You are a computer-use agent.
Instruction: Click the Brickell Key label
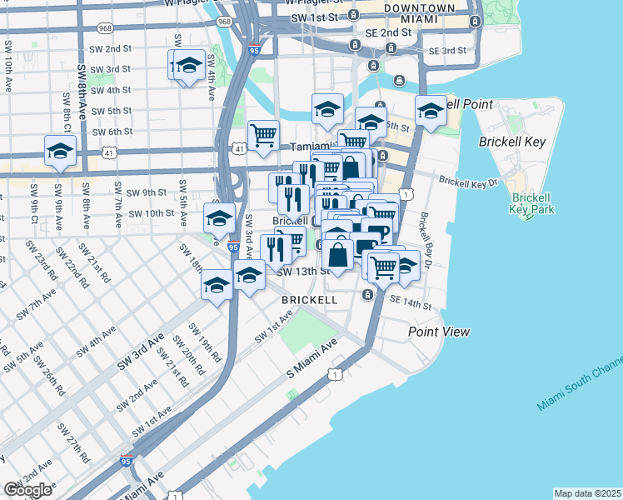(x=512, y=142)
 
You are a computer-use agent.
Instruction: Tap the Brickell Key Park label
(x=533, y=203)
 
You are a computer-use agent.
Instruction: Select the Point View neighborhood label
(x=439, y=332)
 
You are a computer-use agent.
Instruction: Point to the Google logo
(x=27, y=490)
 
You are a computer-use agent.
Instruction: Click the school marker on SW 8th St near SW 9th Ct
(x=60, y=152)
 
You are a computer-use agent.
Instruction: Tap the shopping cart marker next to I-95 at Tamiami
(x=263, y=134)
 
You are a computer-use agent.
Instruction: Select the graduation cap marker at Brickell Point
(x=431, y=111)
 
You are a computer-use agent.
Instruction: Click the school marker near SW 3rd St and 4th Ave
(x=190, y=65)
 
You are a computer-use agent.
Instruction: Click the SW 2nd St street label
(x=111, y=48)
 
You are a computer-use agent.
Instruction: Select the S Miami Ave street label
(x=311, y=357)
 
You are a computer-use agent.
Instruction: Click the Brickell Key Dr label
(x=467, y=180)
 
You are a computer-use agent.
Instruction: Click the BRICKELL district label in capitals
(x=309, y=299)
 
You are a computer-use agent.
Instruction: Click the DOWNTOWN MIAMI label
(x=420, y=13)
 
